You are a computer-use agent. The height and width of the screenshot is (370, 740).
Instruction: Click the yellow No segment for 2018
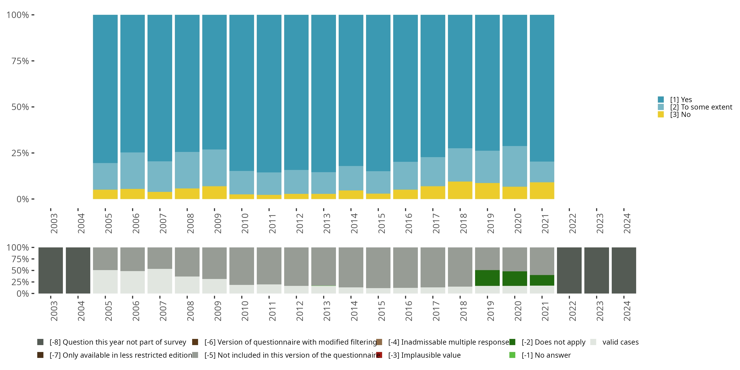460,190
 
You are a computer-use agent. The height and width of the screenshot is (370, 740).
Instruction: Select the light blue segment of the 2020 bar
515,166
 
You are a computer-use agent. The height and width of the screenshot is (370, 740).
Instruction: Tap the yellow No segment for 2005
105,194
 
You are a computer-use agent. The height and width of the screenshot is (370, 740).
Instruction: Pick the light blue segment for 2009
214,168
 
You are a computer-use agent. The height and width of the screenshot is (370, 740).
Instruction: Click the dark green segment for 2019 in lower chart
487,278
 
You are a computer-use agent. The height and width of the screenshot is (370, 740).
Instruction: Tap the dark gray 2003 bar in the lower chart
51,270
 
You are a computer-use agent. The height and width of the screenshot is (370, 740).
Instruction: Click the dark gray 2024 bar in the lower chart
624,270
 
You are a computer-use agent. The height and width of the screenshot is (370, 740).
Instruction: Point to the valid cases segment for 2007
160,281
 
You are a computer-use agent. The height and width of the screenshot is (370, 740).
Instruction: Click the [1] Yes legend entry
675,100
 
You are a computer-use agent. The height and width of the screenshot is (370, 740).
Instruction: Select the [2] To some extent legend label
701,107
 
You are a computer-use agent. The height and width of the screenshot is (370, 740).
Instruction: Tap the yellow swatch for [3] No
661,115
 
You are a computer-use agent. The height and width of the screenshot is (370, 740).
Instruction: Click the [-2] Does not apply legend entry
547,342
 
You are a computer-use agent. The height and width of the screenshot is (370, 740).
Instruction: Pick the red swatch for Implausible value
379,355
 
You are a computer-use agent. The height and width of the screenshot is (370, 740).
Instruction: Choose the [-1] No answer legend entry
540,355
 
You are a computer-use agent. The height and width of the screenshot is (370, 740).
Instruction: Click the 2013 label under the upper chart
327,223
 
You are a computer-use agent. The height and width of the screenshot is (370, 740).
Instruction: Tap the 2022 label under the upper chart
572,223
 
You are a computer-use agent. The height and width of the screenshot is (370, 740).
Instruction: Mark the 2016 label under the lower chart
408,311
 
